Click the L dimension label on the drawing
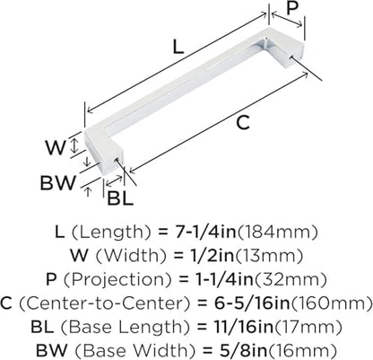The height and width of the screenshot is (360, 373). coord(178,47)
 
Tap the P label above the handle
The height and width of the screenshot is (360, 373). coord(291,8)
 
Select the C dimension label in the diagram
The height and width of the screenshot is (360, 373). coord(243,123)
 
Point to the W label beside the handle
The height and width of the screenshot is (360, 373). coord(56,147)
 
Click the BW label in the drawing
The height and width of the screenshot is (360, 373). coord(58,183)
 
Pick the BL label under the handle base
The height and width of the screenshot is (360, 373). coord(120,198)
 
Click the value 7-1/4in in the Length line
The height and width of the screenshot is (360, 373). coord(205,232)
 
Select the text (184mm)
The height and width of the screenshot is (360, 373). coord(277,233)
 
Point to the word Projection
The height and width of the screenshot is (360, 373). coord(118,280)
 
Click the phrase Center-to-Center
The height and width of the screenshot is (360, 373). coord(105,303)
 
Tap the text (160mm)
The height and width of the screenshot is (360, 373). coord(332,303)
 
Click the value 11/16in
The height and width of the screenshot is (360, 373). coord(235,327)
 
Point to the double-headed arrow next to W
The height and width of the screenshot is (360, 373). coord(74,145)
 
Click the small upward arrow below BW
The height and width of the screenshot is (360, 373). coord(88,191)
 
